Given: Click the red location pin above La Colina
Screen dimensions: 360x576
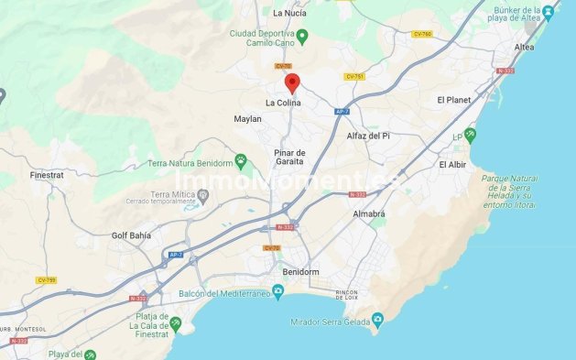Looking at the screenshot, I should (x=292, y=83).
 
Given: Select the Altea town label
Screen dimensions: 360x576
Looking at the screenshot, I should (x=525, y=47).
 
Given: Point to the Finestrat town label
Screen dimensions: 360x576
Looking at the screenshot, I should (x=47, y=173).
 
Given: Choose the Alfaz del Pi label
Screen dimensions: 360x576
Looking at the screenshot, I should (x=367, y=136).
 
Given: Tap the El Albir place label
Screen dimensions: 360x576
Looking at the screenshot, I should (x=453, y=165).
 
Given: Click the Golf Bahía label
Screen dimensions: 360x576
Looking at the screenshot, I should (x=131, y=235).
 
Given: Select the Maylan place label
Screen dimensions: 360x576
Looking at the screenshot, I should (x=247, y=119).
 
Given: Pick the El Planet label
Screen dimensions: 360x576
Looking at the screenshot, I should (x=453, y=99).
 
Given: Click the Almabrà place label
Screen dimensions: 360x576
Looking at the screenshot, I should (x=369, y=213).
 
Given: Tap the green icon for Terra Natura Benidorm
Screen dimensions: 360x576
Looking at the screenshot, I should (x=241, y=162).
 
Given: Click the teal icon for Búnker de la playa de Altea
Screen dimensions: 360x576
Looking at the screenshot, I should (x=548, y=12).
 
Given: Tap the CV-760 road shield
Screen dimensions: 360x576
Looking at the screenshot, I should (x=421, y=34).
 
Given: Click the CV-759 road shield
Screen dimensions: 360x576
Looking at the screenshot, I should (x=46, y=279).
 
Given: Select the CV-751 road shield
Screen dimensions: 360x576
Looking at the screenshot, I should (x=354, y=76).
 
